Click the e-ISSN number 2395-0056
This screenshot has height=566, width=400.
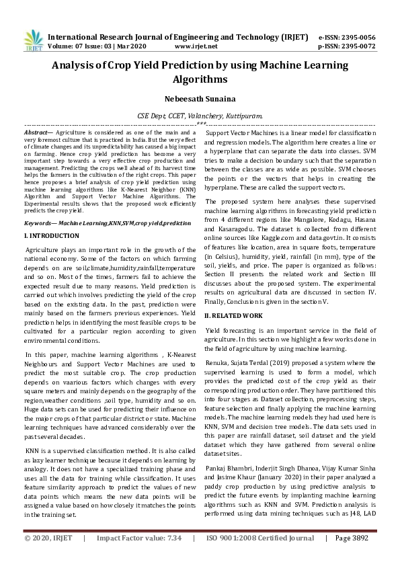click(356, 37)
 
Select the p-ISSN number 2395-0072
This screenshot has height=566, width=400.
click(356, 46)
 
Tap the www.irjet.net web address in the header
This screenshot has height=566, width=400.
click(196, 46)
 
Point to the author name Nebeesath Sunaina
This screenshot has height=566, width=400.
click(200, 98)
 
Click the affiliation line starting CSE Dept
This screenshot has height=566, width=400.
click(200, 116)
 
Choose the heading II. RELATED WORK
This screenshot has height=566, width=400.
click(234, 315)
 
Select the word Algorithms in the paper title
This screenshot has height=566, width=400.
click(200, 79)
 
